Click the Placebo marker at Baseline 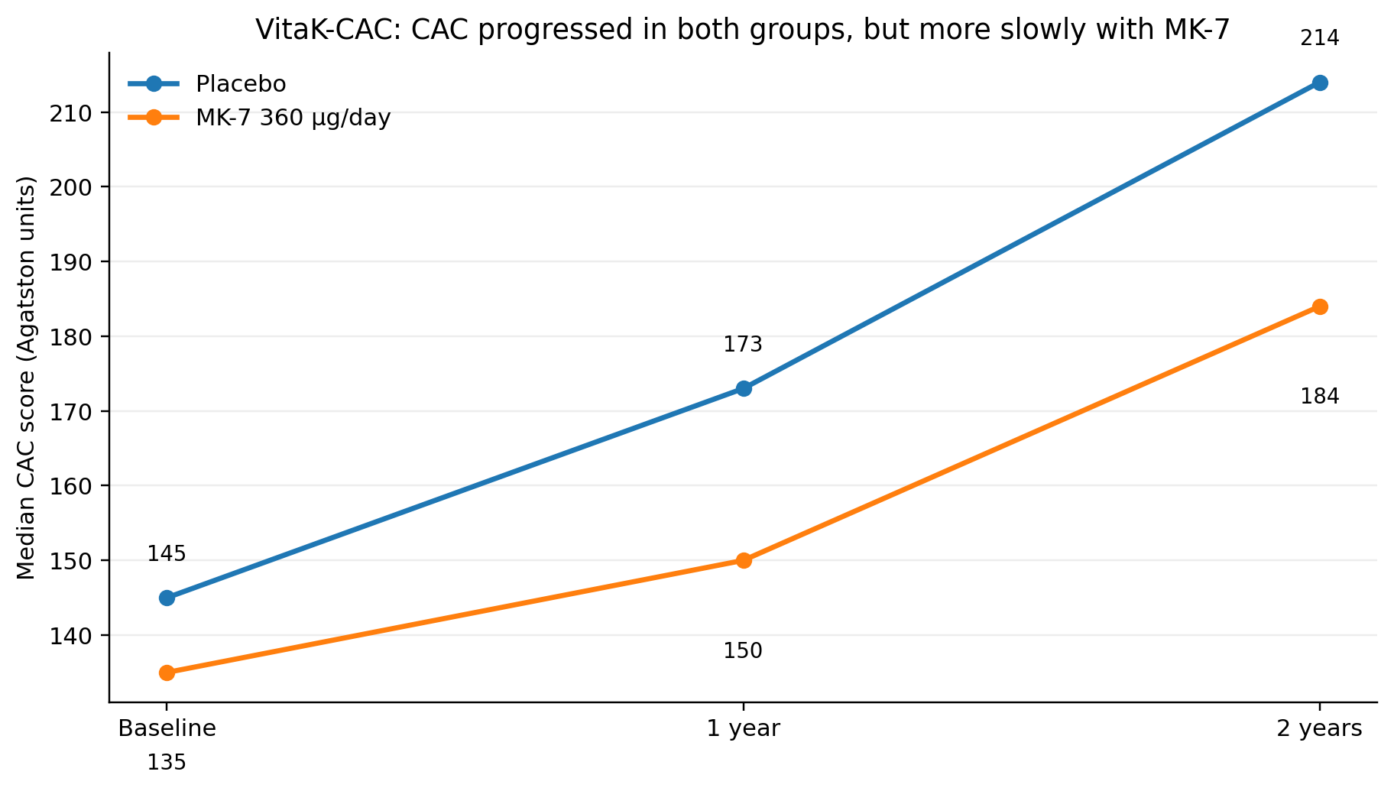[167, 598]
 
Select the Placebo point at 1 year [744, 388]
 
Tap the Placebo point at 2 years [1320, 83]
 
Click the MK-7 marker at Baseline [167, 673]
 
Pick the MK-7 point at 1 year [744, 560]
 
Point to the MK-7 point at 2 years [1320, 306]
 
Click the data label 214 [1320, 38]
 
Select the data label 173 [743, 345]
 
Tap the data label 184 [1320, 397]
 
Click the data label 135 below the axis [167, 762]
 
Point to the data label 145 [167, 554]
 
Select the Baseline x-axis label [167, 728]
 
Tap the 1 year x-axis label [743, 728]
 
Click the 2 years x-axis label [1320, 728]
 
